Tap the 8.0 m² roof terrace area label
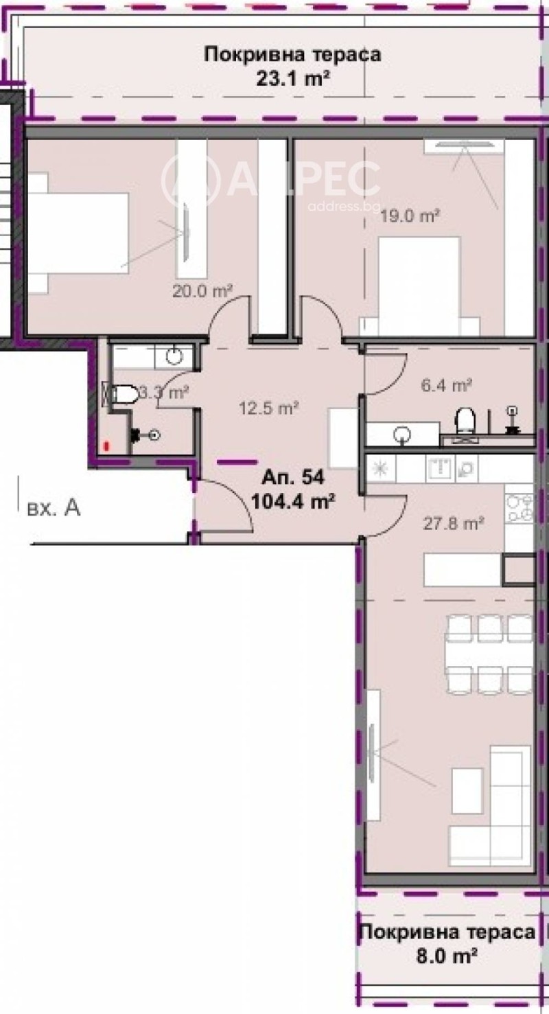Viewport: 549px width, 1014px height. coord(446,954)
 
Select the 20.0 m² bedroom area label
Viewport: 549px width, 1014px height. coord(202,291)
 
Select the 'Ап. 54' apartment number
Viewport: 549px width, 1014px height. coord(293,476)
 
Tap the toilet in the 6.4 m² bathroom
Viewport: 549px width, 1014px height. coord(467,419)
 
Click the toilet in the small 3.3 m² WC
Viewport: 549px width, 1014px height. coord(122,394)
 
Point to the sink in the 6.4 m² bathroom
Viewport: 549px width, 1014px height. coord(401,434)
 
